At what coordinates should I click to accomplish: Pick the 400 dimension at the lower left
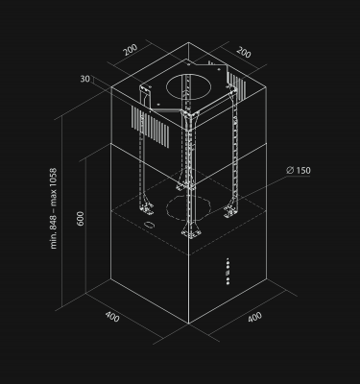112,318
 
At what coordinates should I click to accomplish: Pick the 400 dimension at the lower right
254,318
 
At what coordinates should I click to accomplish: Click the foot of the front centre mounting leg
191,233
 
